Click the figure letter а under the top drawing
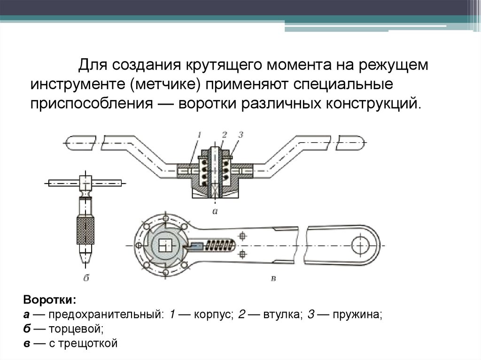215,211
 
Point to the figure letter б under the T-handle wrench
86,278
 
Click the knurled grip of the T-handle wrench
85,230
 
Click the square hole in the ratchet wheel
165,245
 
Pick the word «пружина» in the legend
357,314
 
